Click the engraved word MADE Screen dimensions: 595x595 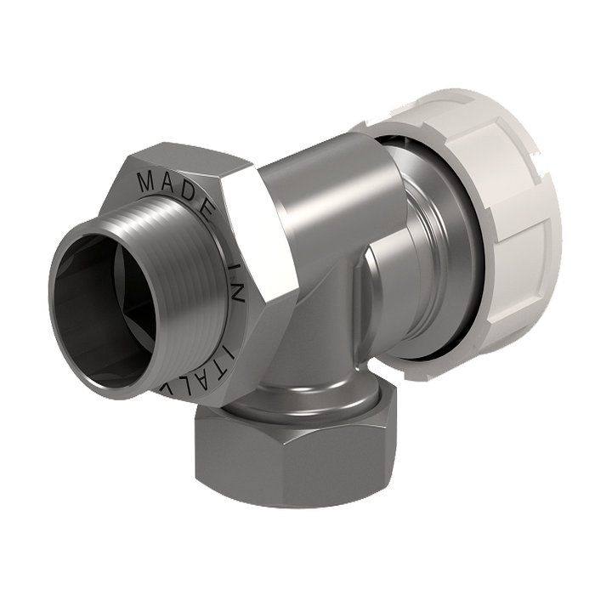coord(173,188)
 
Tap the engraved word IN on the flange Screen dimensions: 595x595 coord(237,281)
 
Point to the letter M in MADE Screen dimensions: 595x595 coord(144,180)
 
